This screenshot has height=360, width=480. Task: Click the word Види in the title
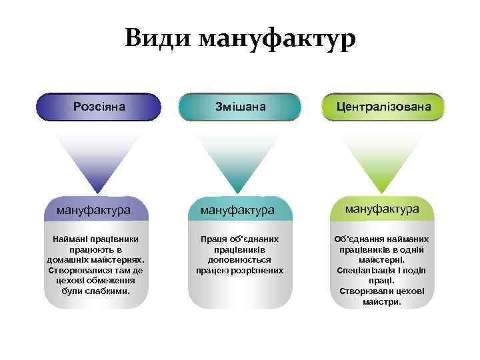(157, 39)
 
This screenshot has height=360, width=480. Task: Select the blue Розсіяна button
(99, 107)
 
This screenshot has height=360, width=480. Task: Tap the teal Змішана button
(241, 107)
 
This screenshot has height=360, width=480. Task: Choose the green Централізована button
(383, 107)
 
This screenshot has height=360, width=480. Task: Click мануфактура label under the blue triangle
(93, 211)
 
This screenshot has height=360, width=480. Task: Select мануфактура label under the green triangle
(382, 209)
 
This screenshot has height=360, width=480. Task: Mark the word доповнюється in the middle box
(239, 259)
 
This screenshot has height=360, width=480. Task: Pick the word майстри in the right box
(381, 302)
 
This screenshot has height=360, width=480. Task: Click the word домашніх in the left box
(74, 259)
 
